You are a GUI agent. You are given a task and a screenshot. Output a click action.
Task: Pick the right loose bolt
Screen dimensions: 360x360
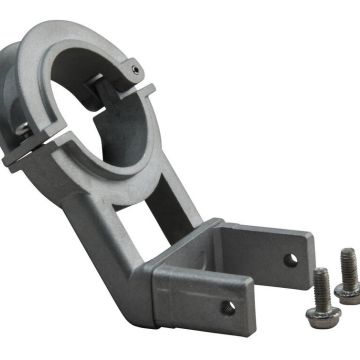point(347,277)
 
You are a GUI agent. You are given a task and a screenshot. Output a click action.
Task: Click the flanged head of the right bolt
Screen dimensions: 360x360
point(349,294)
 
